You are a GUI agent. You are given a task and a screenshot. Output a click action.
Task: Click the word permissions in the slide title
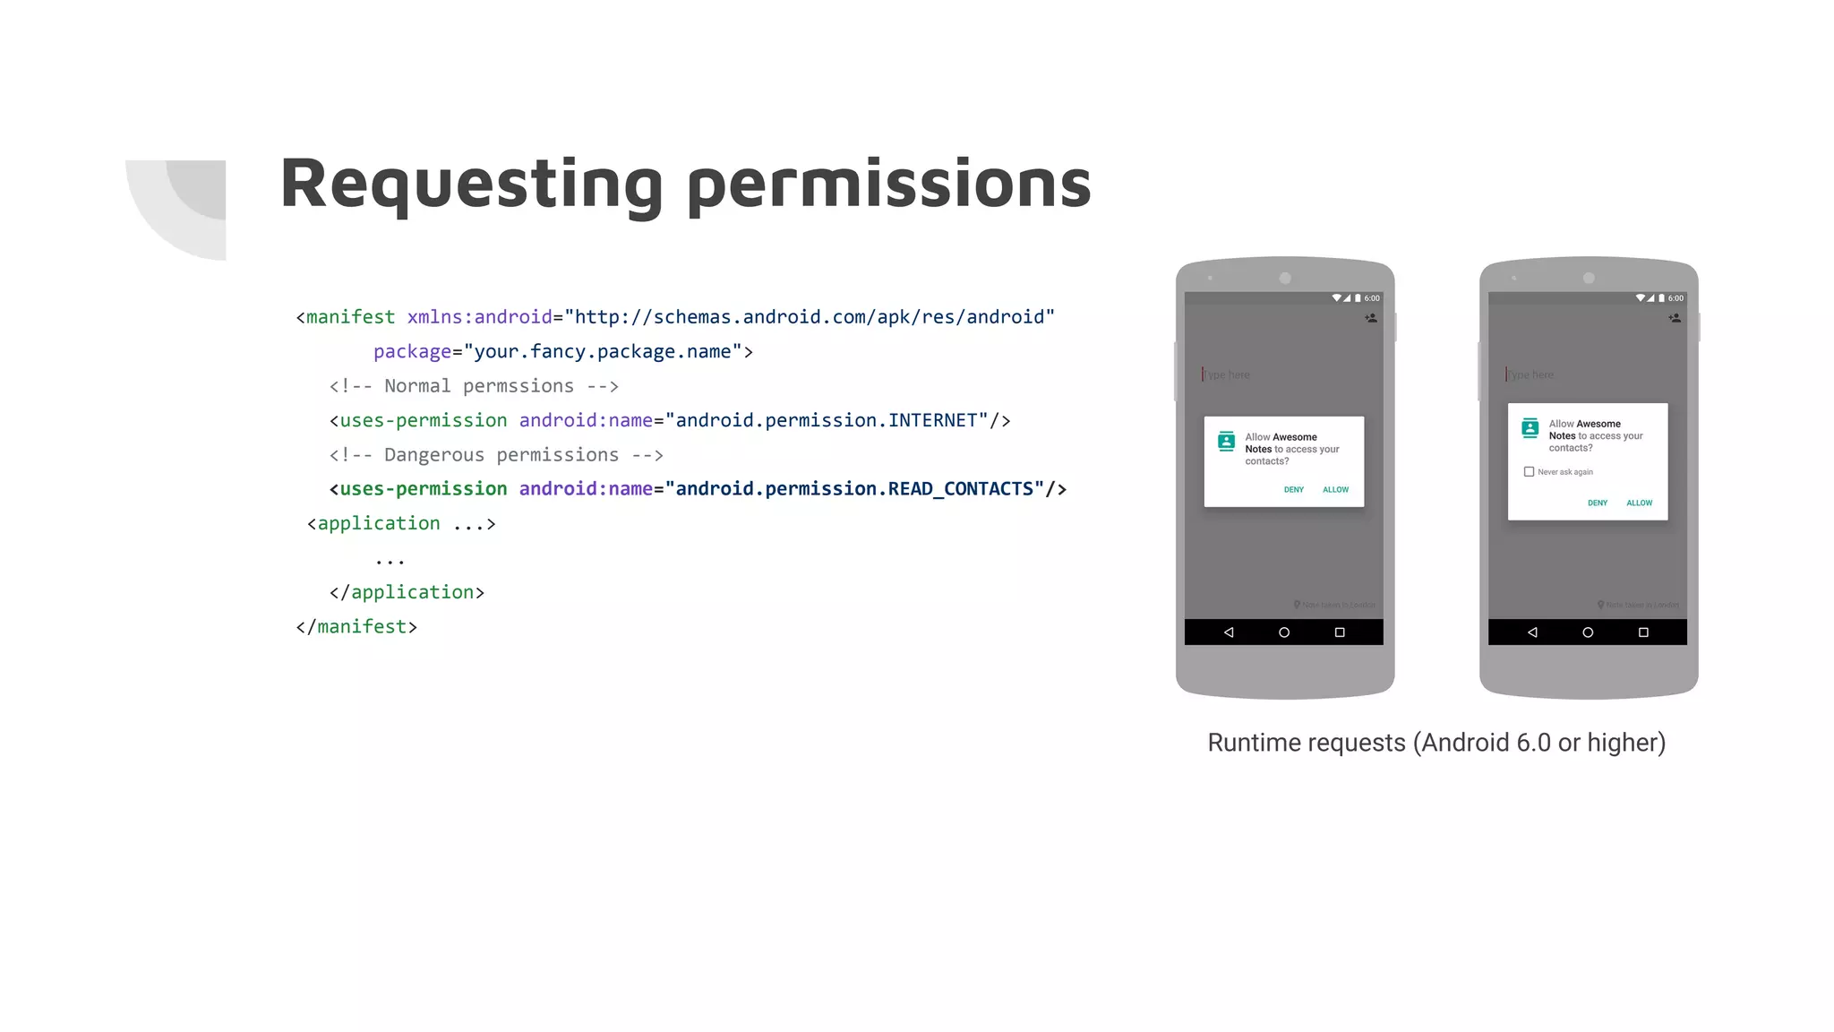coord(889,185)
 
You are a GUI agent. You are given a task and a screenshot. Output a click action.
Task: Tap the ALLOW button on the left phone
coord(1335,490)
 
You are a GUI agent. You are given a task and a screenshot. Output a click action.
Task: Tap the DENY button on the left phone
coord(1293,490)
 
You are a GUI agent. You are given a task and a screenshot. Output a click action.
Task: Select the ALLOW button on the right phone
coord(1639,503)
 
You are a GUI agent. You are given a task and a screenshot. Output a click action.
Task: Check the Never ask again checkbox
coord(1529,472)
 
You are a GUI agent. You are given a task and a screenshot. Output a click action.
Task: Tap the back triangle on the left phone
coord(1229,632)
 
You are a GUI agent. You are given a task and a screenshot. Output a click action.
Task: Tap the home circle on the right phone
coord(1588,632)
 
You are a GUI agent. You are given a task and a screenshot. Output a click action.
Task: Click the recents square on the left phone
coord(1340,632)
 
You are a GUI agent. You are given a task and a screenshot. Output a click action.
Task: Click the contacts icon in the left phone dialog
coord(1226,442)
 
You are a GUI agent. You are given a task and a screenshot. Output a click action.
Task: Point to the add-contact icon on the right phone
coord(1675,318)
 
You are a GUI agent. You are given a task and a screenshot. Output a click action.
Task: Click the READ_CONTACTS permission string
coord(854,489)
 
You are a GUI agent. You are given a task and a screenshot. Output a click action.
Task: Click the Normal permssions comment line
coord(474,386)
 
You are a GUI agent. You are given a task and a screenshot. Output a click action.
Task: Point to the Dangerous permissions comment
coord(496,455)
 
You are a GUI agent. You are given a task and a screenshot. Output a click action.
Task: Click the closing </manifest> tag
coord(356,627)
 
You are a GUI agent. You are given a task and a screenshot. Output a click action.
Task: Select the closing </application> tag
coord(407,593)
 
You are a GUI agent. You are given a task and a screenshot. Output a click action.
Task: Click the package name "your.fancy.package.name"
coord(602,352)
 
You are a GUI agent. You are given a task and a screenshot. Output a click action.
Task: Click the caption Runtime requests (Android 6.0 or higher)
coord(1436,743)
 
